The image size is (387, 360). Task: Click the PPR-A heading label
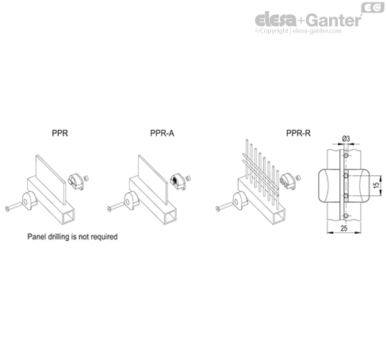pyautogui.click(x=162, y=133)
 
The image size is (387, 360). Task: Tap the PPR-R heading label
pyautogui.click(x=298, y=133)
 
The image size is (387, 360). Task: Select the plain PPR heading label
pyautogui.click(x=60, y=133)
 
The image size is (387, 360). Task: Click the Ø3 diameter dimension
pyautogui.click(x=346, y=139)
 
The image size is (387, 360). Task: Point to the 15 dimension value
pyautogui.click(x=377, y=186)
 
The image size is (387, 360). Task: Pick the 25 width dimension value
pyautogui.click(x=343, y=228)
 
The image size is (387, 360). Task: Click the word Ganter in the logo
pyautogui.click(x=335, y=20)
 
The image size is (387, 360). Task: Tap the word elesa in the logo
pyautogui.click(x=276, y=20)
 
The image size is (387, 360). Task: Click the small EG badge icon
pyautogui.click(x=373, y=8)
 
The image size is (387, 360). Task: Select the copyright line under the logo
pyautogui.click(x=298, y=31)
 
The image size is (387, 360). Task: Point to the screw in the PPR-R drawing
pyautogui.click(x=224, y=206)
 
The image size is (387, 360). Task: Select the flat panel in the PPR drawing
pyautogui.click(x=51, y=179)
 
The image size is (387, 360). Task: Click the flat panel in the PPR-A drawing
pyautogui.click(x=153, y=179)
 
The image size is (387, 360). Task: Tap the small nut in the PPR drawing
pyautogui.click(x=86, y=178)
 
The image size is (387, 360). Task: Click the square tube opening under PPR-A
pyautogui.click(x=171, y=217)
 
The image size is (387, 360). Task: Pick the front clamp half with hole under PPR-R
pyautogui.click(x=240, y=201)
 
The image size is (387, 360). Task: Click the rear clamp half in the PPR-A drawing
pyautogui.click(x=178, y=182)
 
